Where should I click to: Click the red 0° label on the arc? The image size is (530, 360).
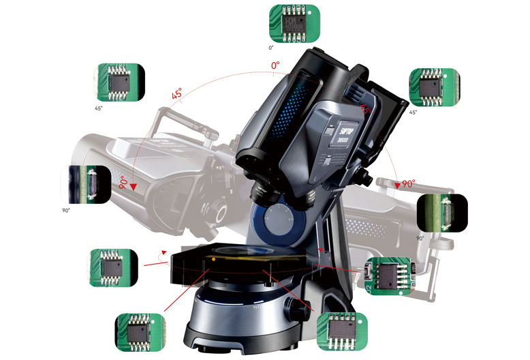(275, 65)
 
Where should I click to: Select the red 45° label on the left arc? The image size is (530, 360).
(177, 96)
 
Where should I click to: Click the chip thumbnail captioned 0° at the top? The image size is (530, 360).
(294, 23)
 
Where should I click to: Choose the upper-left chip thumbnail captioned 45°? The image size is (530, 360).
(121, 82)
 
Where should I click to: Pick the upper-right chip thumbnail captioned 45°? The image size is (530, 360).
(434, 87)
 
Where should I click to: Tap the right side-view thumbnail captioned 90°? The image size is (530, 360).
(442, 213)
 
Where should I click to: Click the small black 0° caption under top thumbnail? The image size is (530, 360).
(270, 48)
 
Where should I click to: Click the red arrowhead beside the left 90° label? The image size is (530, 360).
(134, 186)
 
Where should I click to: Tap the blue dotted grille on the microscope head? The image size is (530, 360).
(290, 102)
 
